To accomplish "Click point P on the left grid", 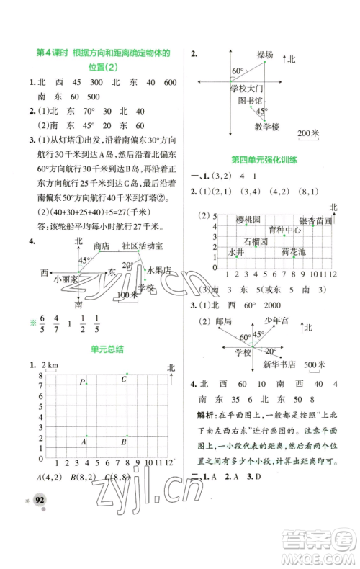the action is [x=84, y=381].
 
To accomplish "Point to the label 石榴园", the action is [x=256, y=241].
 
